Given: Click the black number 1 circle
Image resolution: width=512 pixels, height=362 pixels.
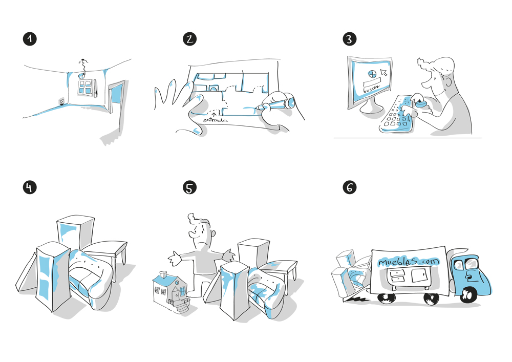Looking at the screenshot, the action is tap(30, 39).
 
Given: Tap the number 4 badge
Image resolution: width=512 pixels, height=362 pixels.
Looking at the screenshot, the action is tap(30, 187).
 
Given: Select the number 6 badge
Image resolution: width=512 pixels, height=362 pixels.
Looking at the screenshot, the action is tap(349, 187).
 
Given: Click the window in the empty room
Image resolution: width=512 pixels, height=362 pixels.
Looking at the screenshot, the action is tap(86, 87).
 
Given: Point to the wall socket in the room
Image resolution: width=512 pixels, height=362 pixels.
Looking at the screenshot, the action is tap(61, 102).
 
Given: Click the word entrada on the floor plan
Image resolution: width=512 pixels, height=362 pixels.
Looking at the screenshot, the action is tap(215, 120).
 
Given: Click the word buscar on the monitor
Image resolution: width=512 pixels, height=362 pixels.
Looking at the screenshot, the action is tap(372, 89).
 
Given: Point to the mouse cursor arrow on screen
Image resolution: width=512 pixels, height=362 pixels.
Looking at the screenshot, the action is tap(384, 72).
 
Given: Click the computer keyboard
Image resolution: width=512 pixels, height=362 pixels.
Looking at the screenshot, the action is tap(397, 114).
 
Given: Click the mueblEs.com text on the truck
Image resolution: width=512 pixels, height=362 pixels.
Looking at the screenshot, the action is tap(409, 262).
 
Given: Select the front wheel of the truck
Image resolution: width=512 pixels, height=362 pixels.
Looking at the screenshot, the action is tap(467, 295).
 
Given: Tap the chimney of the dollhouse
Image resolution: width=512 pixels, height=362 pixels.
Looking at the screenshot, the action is tap(163, 274).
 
